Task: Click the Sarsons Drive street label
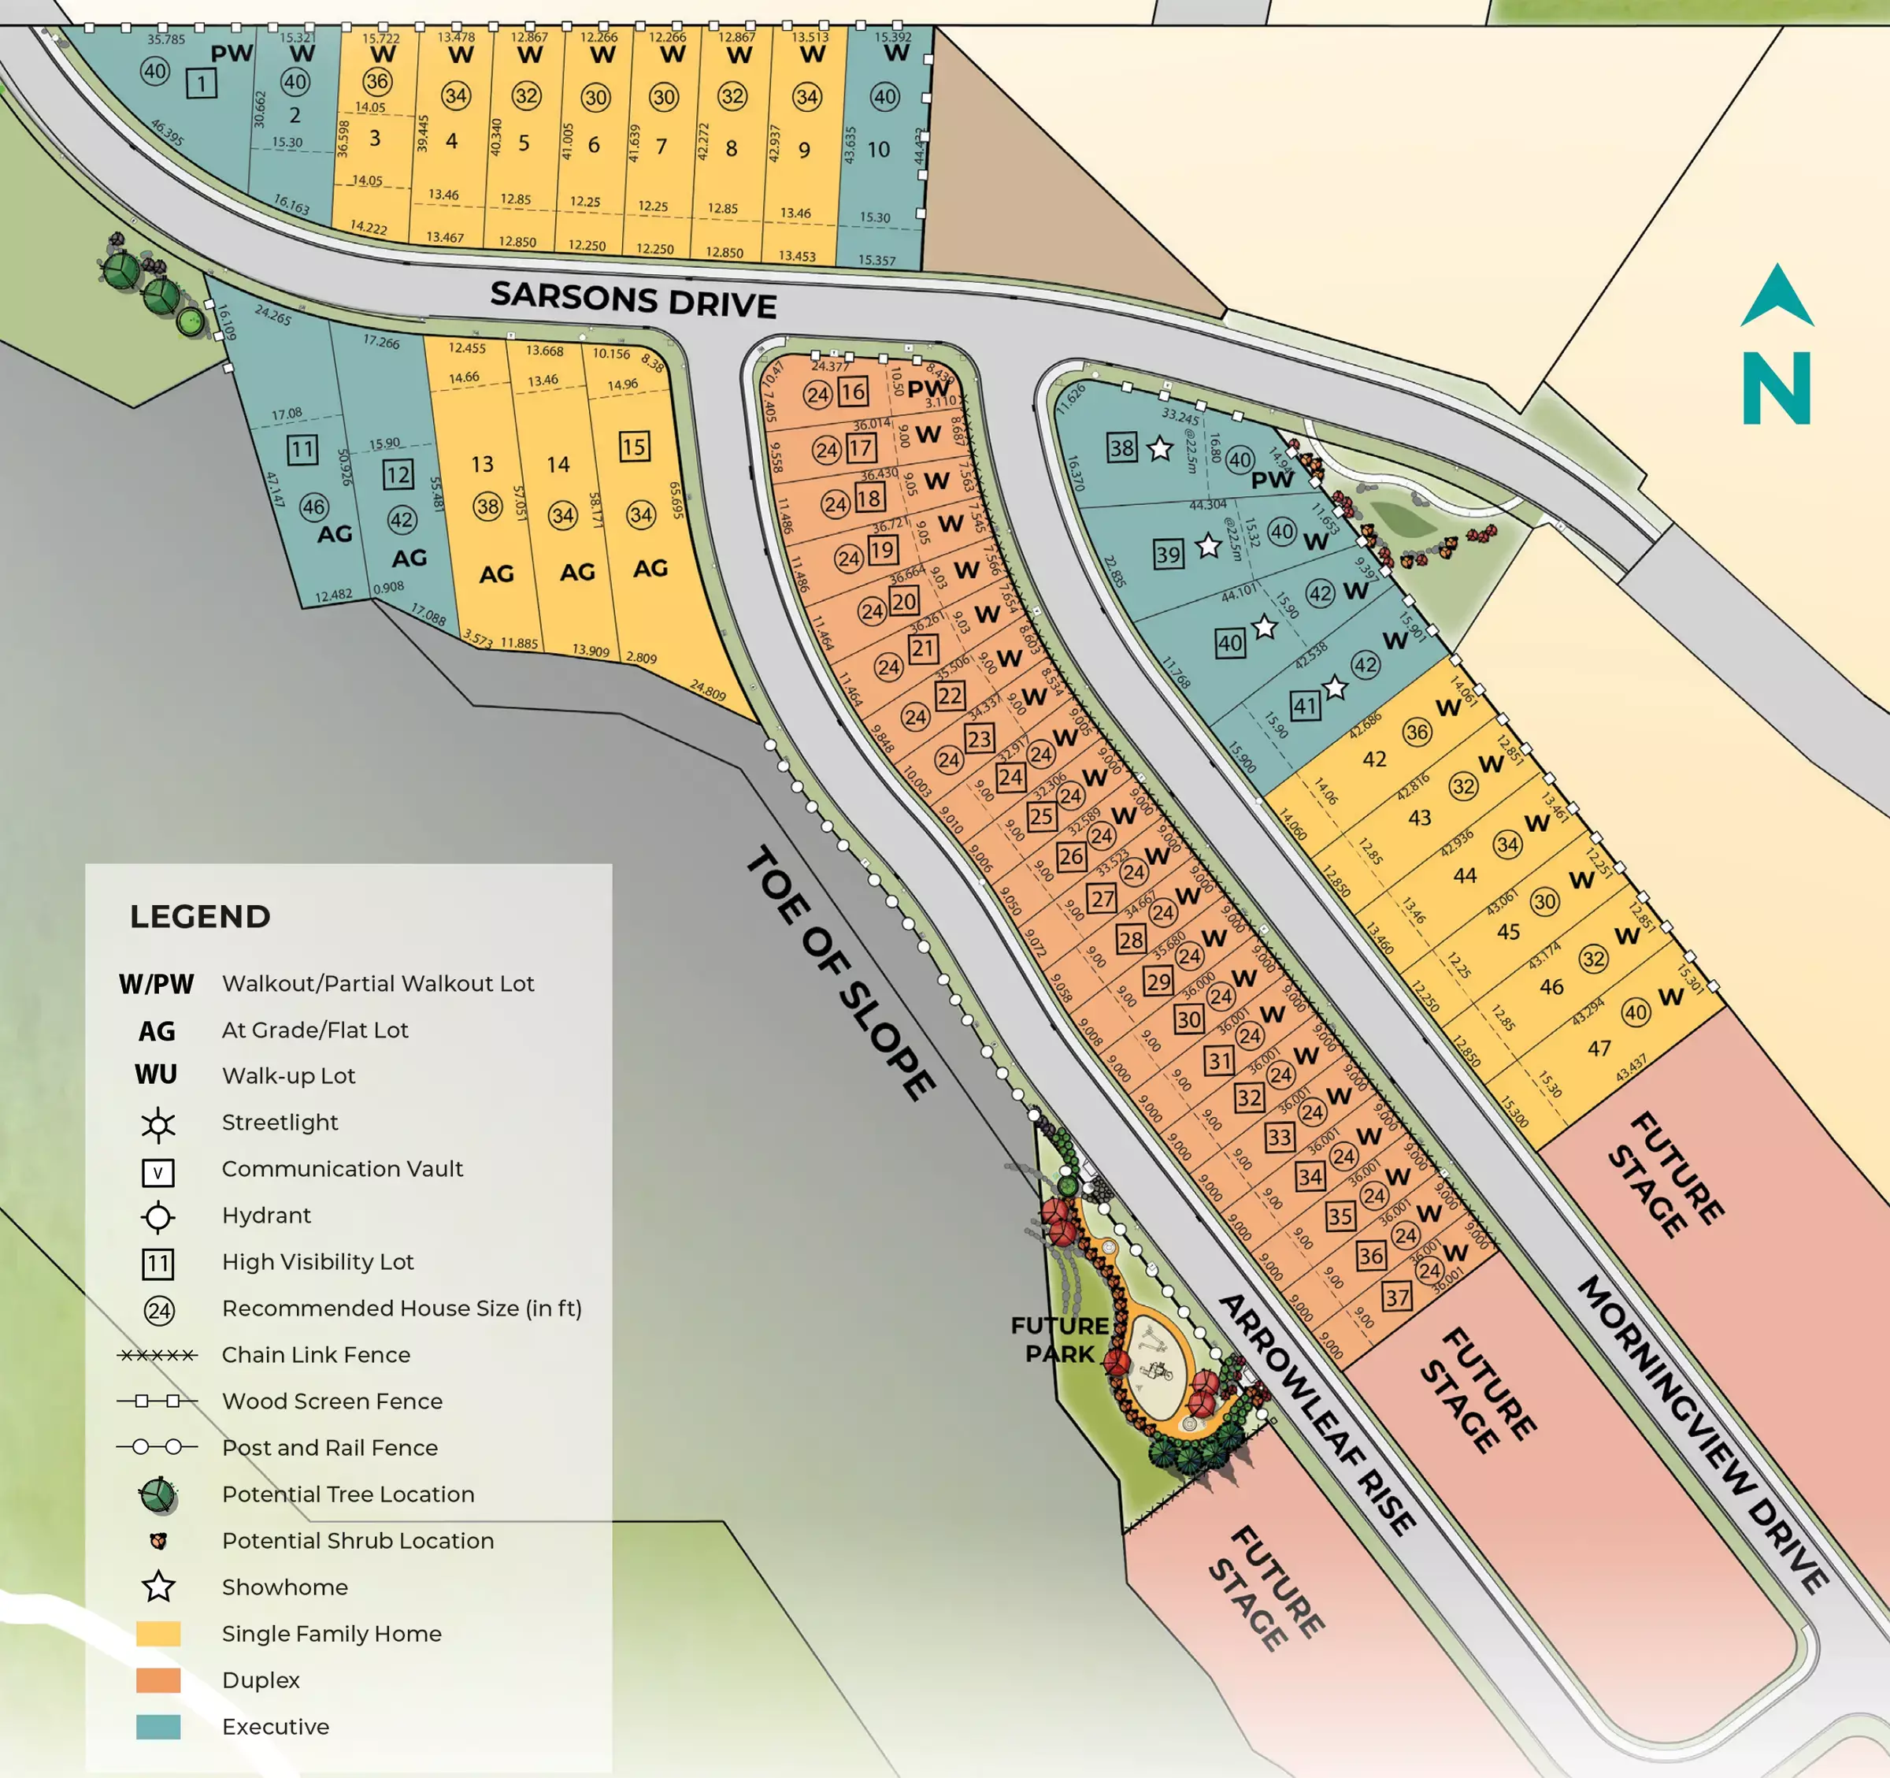(x=633, y=299)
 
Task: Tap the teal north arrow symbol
(x=1777, y=298)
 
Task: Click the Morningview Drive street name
(x=1702, y=1435)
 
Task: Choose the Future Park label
(x=1059, y=1338)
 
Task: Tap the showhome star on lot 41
(x=1335, y=688)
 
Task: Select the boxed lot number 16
(x=853, y=392)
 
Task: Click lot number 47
(x=1599, y=1048)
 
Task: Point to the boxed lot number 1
(x=201, y=84)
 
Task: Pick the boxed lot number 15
(x=634, y=447)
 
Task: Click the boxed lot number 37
(x=1396, y=1297)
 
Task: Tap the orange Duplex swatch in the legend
(x=157, y=1680)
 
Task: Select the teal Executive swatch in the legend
(x=157, y=1727)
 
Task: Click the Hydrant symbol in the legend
(x=157, y=1217)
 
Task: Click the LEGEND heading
(x=200, y=917)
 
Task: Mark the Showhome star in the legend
(x=157, y=1587)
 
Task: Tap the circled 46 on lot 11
(x=313, y=507)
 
